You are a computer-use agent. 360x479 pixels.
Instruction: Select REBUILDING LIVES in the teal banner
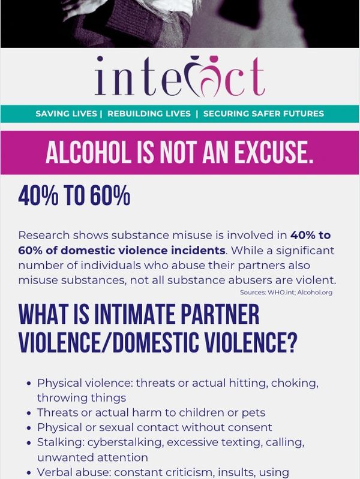click(149, 113)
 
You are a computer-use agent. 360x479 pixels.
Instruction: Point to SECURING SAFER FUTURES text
click(263, 113)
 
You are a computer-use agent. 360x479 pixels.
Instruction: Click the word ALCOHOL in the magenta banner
click(92, 153)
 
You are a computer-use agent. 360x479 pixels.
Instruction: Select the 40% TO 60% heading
click(74, 196)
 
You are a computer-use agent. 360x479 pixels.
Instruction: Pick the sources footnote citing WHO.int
click(286, 293)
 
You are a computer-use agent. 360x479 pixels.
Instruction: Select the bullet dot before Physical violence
click(30, 383)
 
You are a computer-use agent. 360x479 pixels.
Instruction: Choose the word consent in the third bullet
click(248, 427)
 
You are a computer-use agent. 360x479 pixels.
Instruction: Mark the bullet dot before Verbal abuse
click(30, 473)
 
